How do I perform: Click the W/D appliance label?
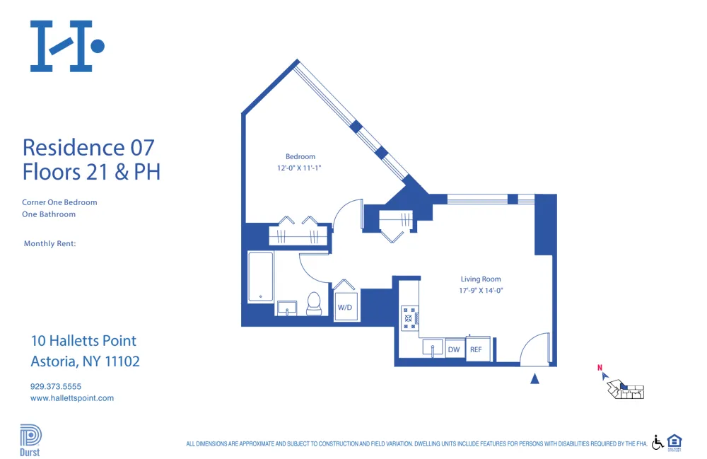[x=345, y=308]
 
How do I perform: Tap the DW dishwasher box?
[x=454, y=349]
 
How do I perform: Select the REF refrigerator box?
[x=476, y=349]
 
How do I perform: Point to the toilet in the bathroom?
[x=314, y=303]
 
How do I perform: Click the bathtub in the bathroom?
[x=261, y=277]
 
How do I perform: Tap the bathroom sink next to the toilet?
[x=287, y=307]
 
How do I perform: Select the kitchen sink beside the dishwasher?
[x=433, y=347]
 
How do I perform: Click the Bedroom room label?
[x=300, y=156]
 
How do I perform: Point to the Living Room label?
[x=481, y=279]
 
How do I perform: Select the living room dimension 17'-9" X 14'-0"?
[x=481, y=291]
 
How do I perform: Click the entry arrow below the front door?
[x=535, y=379]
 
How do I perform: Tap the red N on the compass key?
[x=600, y=368]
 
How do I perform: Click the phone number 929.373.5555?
[x=56, y=386]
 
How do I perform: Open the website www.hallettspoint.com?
[x=72, y=398]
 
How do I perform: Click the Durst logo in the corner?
[x=30, y=440]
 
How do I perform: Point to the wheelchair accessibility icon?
[x=657, y=442]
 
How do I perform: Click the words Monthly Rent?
[x=49, y=244]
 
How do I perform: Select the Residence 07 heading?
[x=88, y=147]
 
